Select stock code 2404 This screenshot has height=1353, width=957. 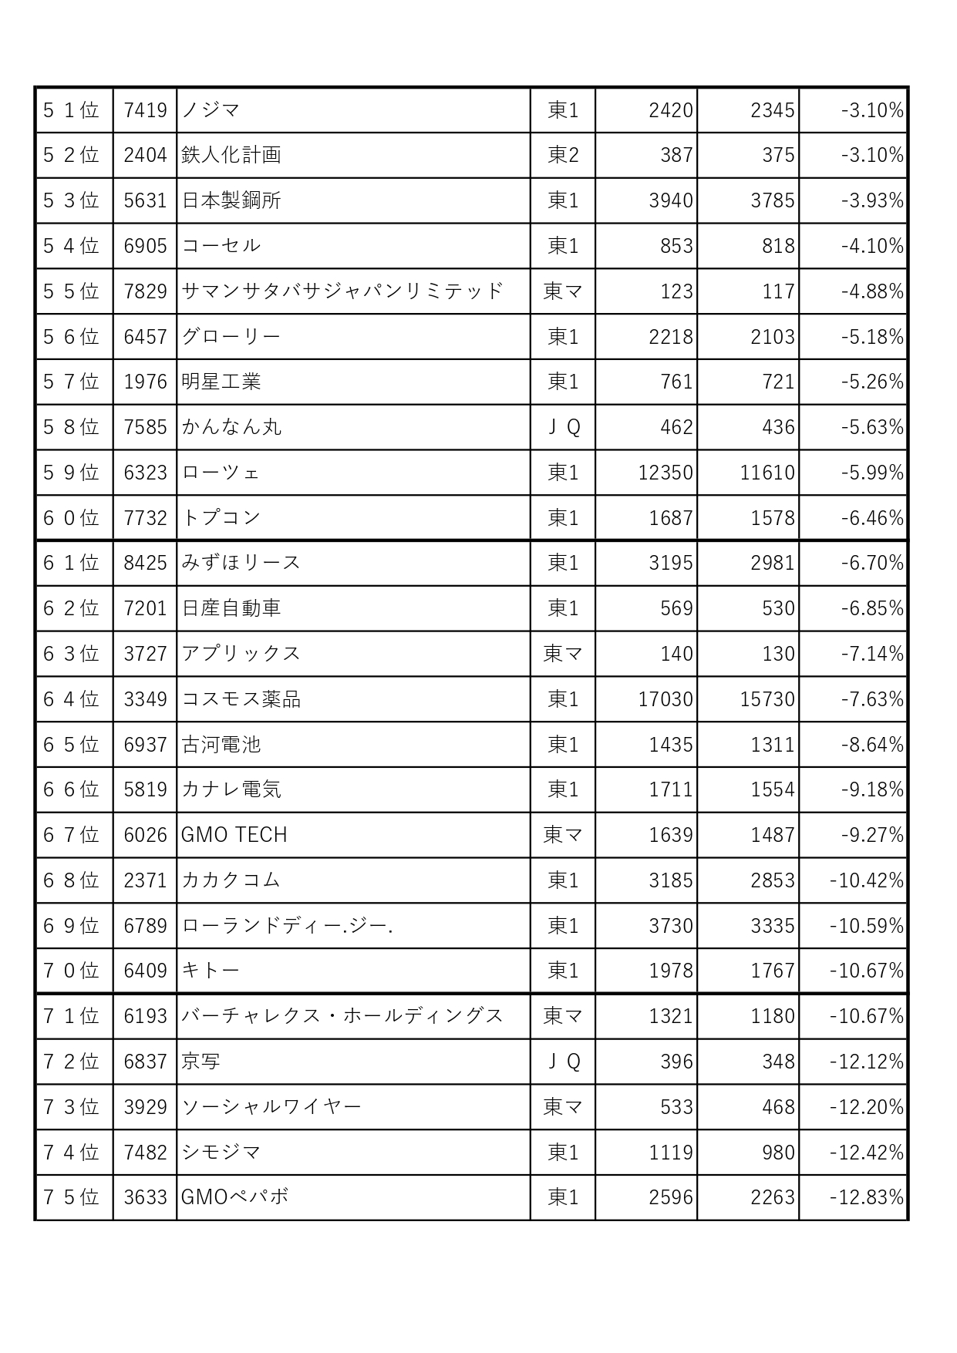point(145,155)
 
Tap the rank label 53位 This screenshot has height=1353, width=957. point(71,200)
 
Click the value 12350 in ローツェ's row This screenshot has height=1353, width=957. point(665,473)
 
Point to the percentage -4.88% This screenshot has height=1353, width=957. point(871,291)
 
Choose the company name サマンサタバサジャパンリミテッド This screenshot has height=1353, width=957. point(342,291)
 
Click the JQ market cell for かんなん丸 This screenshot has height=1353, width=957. point(563,427)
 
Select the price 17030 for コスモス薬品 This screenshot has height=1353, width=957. point(665,699)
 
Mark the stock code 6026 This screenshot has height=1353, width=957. point(145,835)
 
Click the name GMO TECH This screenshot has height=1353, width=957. point(234,835)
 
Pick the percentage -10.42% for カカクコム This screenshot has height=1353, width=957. point(866,880)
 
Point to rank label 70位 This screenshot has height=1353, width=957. point(71,971)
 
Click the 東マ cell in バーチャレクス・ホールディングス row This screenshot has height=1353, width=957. point(563,1016)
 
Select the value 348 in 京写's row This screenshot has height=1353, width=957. point(777,1062)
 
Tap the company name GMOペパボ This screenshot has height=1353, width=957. point(234,1197)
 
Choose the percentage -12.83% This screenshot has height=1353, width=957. point(866,1197)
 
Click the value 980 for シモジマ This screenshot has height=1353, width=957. point(777,1153)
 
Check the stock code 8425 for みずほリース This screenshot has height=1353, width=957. point(145,563)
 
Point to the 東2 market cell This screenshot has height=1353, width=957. point(563,155)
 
